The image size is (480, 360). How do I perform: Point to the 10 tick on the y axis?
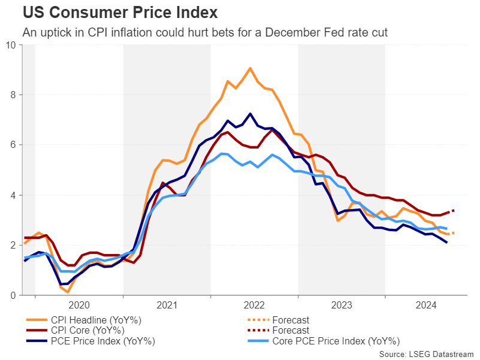[x=11, y=45]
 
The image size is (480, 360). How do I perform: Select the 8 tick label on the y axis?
[x=13, y=95]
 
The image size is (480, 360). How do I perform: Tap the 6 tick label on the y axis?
[x=13, y=145]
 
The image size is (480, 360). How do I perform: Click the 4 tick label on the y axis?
[x=13, y=195]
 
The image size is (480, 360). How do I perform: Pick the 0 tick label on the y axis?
[x=13, y=295]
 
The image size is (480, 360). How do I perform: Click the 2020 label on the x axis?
[x=79, y=305]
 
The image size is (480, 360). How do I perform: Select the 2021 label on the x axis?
[x=167, y=305]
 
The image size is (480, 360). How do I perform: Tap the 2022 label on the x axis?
[x=255, y=305]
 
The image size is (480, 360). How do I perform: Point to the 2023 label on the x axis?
[x=342, y=305]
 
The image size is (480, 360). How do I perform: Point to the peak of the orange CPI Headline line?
[x=250, y=68]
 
